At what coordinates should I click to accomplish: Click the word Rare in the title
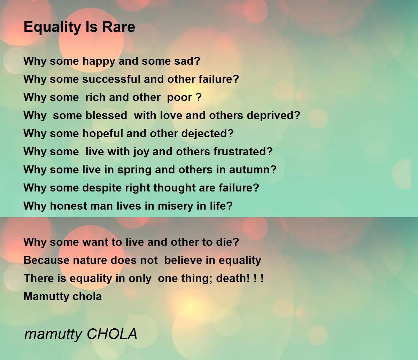point(119,27)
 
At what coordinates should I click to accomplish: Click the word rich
point(95,97)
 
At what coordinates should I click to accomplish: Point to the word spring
point(134,170)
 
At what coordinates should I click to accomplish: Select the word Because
point(47,260)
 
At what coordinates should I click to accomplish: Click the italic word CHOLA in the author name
point(112,334)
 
